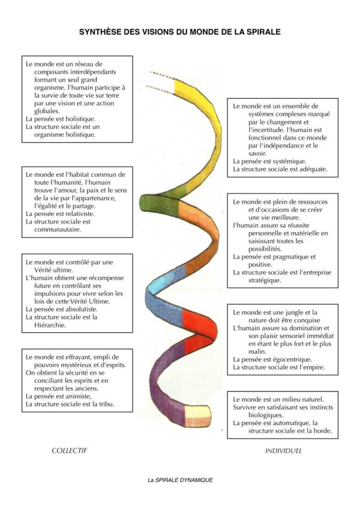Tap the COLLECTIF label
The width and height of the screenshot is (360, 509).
70,450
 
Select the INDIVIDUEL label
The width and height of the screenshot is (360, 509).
283,451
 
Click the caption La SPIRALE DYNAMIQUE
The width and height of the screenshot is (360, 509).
180,480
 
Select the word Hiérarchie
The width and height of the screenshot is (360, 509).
50,325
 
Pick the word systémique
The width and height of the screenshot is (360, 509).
290,161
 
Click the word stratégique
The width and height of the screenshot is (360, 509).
265,281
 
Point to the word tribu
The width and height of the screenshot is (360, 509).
106,404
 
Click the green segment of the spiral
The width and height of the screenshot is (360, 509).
159,204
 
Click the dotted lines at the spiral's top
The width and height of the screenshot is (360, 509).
161,83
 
